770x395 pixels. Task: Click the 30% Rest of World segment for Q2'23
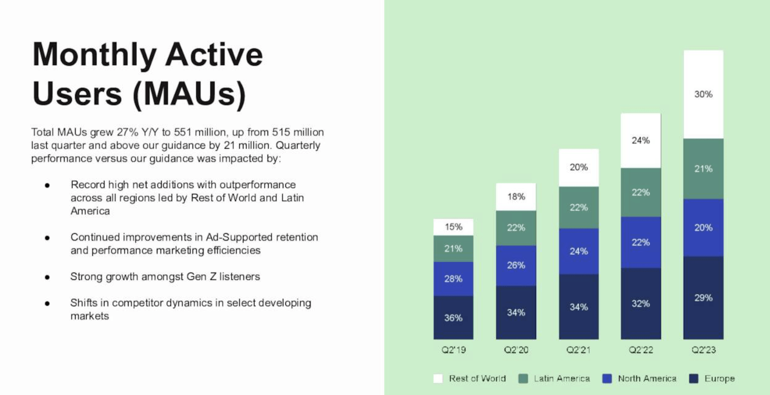[703, 94]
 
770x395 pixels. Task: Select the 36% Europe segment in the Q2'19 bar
[453, 317]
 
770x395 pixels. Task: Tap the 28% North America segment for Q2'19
[453, 278]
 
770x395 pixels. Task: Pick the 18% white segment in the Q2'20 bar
[516, 197]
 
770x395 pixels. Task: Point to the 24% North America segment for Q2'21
[578, 251]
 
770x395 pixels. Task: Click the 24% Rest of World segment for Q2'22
[641, 141]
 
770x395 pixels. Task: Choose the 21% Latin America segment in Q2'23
[703, 169]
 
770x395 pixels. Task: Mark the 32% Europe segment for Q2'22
[641, 303]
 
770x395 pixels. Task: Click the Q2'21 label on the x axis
[578, 350]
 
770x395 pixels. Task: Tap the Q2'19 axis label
[453, 350]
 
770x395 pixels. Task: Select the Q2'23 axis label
[703, 350]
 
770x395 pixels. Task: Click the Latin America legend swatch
[523, 379]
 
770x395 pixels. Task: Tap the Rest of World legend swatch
[438, 379]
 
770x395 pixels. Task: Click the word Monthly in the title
[94, 55]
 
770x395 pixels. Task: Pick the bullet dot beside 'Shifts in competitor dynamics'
[47, 303]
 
